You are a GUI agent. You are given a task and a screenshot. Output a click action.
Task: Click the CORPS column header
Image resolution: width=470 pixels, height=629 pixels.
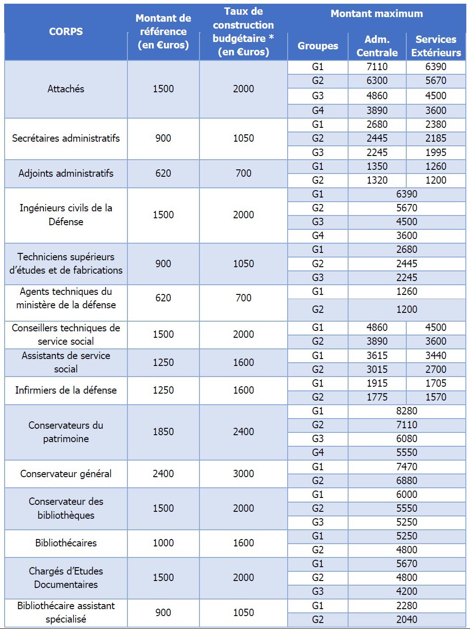(66, 31)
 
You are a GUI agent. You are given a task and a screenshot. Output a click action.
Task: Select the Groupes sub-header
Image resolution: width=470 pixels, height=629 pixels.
(318, 46)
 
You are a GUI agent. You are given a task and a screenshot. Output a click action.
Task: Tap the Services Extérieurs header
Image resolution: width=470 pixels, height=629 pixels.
(436, 46)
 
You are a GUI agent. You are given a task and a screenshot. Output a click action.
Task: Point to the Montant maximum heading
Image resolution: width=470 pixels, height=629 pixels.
(376, 14)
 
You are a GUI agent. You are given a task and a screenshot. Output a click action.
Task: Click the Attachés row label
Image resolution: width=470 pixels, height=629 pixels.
(66, 89)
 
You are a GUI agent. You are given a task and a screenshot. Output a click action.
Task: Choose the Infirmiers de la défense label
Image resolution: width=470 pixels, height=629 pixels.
(66, 390)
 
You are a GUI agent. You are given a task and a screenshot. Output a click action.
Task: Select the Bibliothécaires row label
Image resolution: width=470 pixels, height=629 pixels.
(66, 543)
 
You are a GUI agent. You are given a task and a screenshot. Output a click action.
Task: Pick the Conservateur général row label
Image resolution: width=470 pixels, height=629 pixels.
(66, 473)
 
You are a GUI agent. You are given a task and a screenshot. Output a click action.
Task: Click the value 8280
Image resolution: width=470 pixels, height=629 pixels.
(406, 411)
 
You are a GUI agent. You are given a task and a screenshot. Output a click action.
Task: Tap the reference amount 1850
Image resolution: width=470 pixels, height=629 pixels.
(163, 431)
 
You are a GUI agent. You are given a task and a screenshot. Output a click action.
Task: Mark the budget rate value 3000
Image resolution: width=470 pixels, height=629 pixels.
(243, 473)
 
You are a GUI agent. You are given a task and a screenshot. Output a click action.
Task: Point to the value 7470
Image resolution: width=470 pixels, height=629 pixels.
(406, 467)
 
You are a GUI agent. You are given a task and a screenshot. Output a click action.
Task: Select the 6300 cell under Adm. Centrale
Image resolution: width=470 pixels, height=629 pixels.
(377, 81)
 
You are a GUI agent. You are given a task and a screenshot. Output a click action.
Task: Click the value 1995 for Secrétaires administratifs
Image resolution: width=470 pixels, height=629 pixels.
(435, 152)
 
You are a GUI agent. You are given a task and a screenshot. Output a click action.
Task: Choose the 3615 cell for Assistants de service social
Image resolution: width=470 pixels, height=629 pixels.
(377, 355)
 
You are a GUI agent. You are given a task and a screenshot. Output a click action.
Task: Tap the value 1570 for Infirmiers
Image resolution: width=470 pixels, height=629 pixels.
(435, 397)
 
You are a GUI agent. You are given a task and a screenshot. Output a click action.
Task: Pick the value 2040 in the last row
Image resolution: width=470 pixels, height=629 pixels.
(406, 619)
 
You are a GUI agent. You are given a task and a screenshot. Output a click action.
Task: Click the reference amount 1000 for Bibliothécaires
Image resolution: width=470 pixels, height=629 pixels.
(163, 543)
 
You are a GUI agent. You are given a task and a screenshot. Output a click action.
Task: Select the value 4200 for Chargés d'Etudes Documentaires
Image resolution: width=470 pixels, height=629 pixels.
(406, 591)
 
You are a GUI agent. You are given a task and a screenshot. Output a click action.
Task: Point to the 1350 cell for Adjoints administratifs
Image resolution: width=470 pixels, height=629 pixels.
(377, 166)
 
